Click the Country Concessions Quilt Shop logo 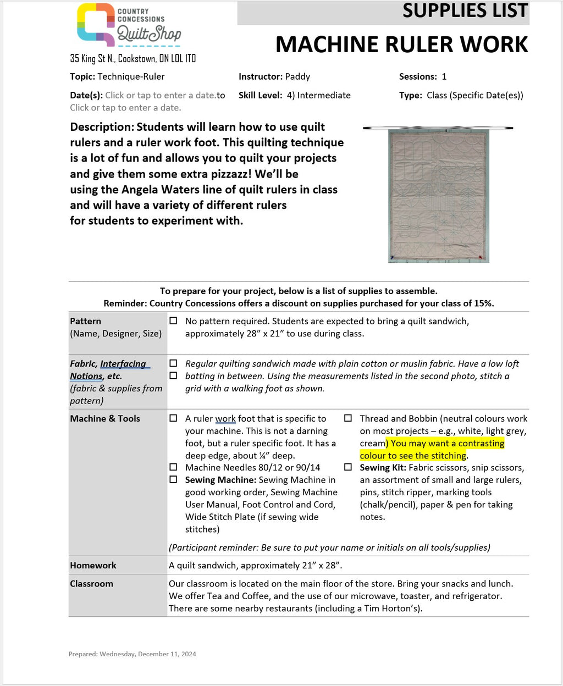129,25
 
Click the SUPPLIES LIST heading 465,11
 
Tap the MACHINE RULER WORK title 401,45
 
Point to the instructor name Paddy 297,76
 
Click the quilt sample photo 438,194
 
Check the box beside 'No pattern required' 173,320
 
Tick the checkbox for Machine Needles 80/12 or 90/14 173,467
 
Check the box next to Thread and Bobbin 348,418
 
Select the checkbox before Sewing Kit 348,467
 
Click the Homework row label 93,565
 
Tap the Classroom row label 91,584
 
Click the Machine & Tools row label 105,418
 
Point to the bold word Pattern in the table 85,321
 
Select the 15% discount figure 483,303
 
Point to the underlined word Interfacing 123,364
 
